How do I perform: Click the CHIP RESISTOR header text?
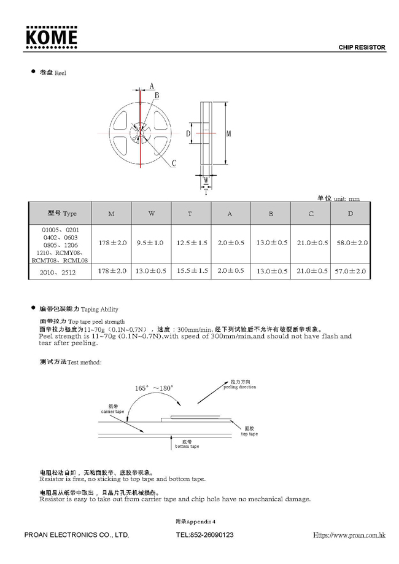coord(362,47)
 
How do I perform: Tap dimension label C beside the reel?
coord(174,163)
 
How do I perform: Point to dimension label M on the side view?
coord(228,133)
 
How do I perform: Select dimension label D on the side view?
coord(189,133)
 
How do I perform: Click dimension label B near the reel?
coord(157,95)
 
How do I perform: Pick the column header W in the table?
coord(151,213)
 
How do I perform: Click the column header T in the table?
coord(190,213)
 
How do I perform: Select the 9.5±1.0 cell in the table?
coord(150,243)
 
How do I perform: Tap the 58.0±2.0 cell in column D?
coord(352,243)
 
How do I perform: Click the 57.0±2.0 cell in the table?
coord(352,270)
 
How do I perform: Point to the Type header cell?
coord(62,213)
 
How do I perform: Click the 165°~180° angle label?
coord(155,388)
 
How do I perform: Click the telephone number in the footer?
coord(204,535)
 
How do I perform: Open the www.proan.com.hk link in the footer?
coord(349,535)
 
